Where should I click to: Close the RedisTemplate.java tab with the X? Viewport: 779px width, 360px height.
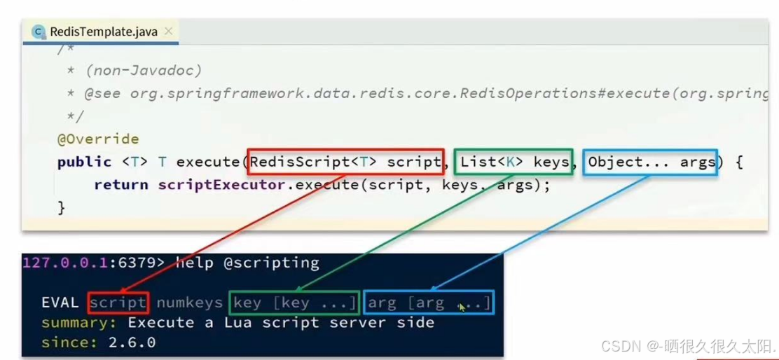(x=168, y=32)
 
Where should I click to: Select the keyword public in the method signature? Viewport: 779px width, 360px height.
(x=84, y=162)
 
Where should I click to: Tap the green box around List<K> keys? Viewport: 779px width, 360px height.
(x=513, y=162)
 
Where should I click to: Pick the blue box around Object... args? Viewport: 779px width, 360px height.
(x=651, y=162)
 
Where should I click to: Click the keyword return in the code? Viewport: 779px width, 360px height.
(x=120, y=185)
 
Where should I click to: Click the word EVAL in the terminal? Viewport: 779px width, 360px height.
(x=61, y=303)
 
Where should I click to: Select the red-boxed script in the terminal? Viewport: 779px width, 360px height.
(x=118, y=303)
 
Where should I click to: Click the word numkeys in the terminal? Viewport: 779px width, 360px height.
(x=189, y=303)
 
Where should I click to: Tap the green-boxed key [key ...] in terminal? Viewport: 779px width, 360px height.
(x=294, y=303)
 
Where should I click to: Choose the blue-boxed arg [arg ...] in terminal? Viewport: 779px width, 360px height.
(x=429, y=303)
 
